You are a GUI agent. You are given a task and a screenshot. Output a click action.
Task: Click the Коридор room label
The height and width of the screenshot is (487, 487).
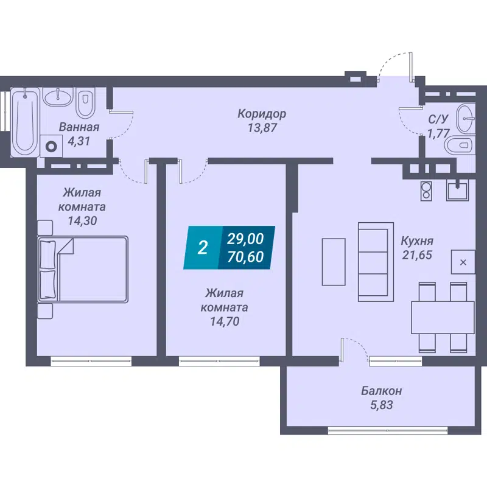coord(262,114)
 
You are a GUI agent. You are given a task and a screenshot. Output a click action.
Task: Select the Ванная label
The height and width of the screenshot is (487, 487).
coord(79,127)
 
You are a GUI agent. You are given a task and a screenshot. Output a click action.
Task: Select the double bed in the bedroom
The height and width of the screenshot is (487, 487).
coord(83,269)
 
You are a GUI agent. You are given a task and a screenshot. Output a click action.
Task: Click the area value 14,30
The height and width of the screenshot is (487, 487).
coord(83,220)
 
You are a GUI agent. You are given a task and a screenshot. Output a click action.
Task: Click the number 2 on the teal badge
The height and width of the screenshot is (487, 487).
coord(203,247)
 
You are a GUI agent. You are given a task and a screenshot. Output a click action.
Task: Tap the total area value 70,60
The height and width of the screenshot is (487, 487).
coord(245,257)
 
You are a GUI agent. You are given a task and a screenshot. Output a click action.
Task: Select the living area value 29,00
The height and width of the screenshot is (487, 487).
coord(245,239)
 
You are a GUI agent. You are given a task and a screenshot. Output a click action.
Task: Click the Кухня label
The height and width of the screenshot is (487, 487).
coord(416,240)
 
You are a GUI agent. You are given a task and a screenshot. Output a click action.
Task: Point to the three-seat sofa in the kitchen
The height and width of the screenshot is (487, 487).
coord(371,261)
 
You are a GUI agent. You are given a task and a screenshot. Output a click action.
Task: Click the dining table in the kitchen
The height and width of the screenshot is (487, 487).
coord(443,317)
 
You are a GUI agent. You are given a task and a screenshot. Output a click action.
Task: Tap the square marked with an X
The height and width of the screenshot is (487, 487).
coord(463,262)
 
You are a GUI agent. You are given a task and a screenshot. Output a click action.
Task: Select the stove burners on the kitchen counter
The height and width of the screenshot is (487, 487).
coord(427,191)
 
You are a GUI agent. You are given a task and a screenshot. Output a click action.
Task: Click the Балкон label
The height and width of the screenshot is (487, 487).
coord(381,390)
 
